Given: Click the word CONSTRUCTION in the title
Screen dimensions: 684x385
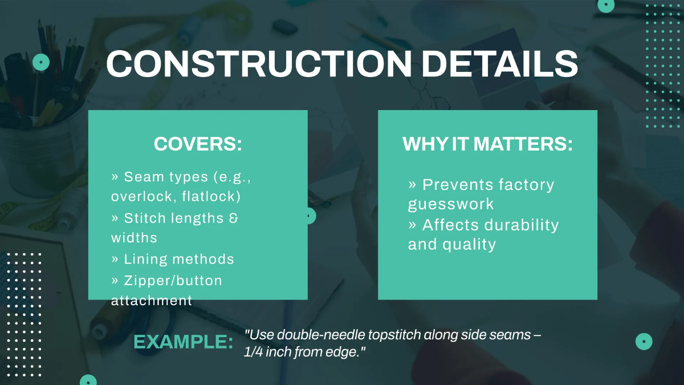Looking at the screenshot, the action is coord(259,64).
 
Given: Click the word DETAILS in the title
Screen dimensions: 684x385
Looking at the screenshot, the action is coord(499,64).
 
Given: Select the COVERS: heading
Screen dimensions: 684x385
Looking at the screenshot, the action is coord(198,144).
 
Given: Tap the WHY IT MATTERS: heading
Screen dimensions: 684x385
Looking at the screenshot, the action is coord(488,144).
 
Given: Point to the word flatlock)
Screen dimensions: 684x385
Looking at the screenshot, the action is coord(211,196).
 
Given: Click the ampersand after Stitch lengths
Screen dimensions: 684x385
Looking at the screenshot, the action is coord(233,218).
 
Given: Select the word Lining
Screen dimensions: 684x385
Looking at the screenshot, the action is coord(145,260).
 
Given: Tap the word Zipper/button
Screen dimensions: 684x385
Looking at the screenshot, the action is coord(173,281).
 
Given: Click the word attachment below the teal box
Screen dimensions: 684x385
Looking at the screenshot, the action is coord(152,301).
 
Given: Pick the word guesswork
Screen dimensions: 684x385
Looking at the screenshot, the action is coord(451,204).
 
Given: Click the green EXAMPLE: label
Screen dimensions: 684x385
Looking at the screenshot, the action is coord(183,342).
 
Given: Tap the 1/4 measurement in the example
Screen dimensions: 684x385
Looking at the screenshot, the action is coord(253,352).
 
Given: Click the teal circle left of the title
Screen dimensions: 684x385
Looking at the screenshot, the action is coord(41,62).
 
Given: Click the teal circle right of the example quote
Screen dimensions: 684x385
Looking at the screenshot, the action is coord(644,342).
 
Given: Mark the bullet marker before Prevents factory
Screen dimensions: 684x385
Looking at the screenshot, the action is coord(412,185).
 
